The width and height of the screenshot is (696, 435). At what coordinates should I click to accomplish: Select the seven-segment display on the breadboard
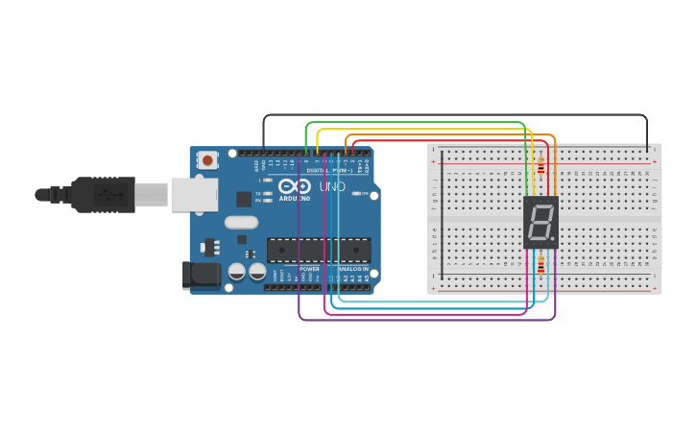click(540, 223)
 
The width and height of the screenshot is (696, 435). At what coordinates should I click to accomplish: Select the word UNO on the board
click(331, 186)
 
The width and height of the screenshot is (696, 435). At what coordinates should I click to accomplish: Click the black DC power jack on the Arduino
click(202, 275)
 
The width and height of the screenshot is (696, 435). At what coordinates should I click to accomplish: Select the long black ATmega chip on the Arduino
click(319, 250)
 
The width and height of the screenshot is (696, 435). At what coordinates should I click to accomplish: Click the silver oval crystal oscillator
click(242, 222)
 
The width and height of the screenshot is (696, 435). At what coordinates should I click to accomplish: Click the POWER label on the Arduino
click(309, 269)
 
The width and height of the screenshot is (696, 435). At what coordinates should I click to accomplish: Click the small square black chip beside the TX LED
click(244, 199)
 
